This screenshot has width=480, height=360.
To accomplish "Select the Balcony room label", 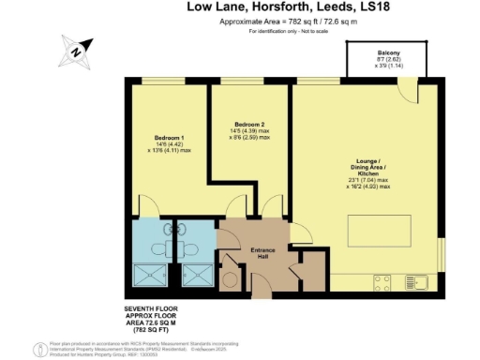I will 389,53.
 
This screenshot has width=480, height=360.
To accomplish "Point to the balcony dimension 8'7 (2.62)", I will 389,60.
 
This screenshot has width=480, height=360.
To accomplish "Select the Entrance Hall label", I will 261,254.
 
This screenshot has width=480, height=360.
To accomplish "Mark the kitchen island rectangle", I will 380,230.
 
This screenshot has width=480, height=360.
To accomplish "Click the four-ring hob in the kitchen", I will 382,279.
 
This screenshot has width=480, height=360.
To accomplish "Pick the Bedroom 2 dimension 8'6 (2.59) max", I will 251,138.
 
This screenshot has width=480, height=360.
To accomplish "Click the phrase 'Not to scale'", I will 316,32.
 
